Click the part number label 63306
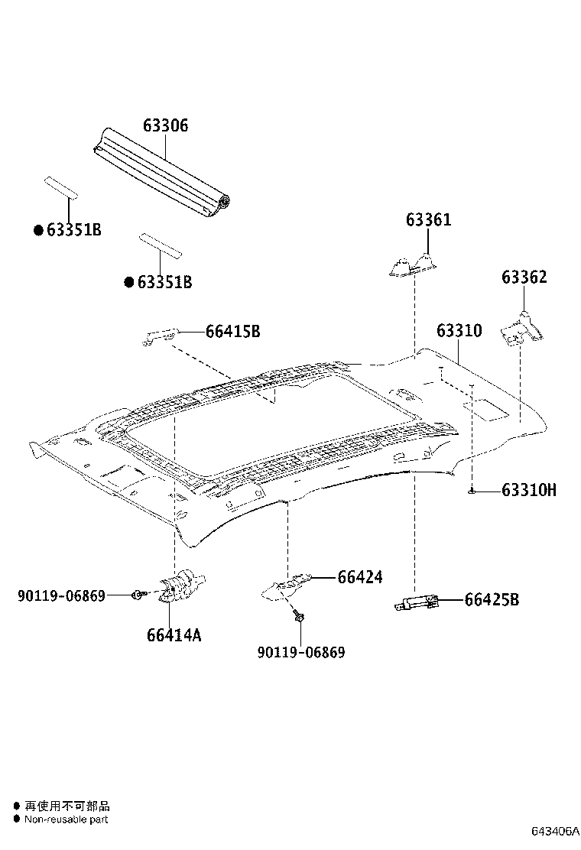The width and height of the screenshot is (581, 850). pos(164,125)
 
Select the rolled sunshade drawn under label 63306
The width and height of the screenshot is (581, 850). pos(164,172)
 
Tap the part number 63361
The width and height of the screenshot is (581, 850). pos(428,220)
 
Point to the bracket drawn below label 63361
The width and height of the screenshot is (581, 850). pos(411,264)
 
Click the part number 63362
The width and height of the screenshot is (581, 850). pos(524,277)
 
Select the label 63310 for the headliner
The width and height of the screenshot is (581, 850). pos(459,330)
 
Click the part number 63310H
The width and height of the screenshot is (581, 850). pos(529,490)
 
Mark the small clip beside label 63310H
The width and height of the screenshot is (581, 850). pos(474,491)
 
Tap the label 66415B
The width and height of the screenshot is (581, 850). pos(232,331)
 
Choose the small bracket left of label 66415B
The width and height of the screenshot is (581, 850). pos(161,335)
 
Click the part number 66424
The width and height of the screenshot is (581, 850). pos(359,577)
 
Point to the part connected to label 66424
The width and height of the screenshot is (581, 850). pos(287,586)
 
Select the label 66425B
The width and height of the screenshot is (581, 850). pos(491,600)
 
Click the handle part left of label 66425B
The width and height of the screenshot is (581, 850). pos(415,604)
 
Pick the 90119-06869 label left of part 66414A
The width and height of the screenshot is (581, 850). pos(61,595)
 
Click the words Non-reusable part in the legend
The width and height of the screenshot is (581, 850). pos(66,819)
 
